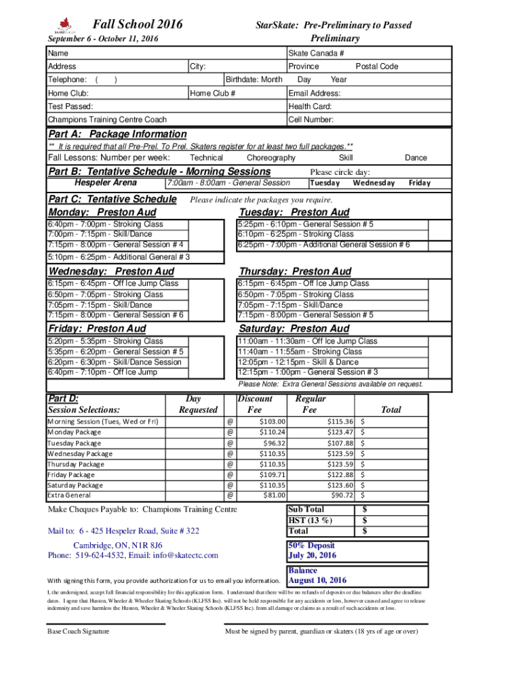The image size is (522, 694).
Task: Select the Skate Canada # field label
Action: pos(316,53)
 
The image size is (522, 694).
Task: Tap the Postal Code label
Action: pos(377,66)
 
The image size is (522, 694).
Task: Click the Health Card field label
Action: pos(310,106)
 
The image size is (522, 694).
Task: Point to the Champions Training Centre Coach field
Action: pos(107,119)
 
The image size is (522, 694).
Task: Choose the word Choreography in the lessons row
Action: pos(270,157)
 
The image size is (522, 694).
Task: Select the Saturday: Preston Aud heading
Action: pos(294,329)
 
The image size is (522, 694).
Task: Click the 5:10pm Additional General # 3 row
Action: pos(119,257)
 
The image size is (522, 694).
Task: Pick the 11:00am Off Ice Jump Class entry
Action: pos(307,342)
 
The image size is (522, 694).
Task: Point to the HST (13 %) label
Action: pos(310,520)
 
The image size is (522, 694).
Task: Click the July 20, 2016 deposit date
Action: pos(313,556)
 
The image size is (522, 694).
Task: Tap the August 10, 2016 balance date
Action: pos(317,580)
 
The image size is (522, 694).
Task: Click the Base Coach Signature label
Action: pos(78,632)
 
